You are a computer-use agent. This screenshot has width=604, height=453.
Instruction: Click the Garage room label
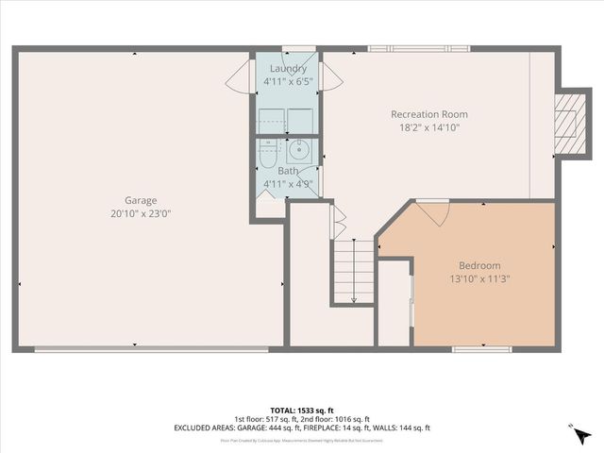tap(141, 200)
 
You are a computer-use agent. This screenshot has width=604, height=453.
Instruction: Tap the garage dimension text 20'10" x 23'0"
tap(141, 213)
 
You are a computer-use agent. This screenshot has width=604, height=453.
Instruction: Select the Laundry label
tap(288, 69)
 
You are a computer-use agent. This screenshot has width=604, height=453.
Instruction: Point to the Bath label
tap(287, 171)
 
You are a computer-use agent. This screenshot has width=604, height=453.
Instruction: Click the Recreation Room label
tap(429, 114)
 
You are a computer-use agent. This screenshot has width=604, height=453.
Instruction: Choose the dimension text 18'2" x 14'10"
tap(429, 127)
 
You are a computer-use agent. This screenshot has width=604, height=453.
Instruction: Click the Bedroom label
tap(479, 265)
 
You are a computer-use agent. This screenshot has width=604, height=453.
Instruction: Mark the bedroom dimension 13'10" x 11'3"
tap(479, 278)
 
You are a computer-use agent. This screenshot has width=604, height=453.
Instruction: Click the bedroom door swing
tap(433, 212)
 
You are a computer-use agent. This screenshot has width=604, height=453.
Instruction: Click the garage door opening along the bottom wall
tap(151, 349)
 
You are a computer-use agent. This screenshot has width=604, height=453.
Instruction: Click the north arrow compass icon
tap(581, 434)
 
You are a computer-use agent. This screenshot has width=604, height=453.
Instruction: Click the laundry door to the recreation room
tap(327, 75)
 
